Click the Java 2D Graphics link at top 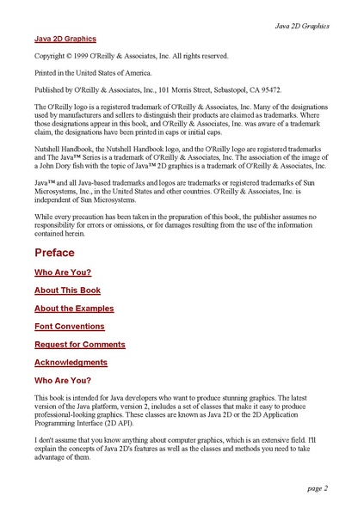click(x=65, y=39)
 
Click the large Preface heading click(x=54, y=253)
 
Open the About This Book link click(x=68, y=290)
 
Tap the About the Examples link click(x=74, y=308)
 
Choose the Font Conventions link click(x=70, y=327)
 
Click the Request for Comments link click(x=79, y=344)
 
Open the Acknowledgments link click(x=71, y=363)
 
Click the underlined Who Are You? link click(x=63, y=272)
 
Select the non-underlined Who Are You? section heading click(x=63, y=380)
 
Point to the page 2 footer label click(x=317, y=488)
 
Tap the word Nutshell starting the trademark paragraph click(x=50, y=149)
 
